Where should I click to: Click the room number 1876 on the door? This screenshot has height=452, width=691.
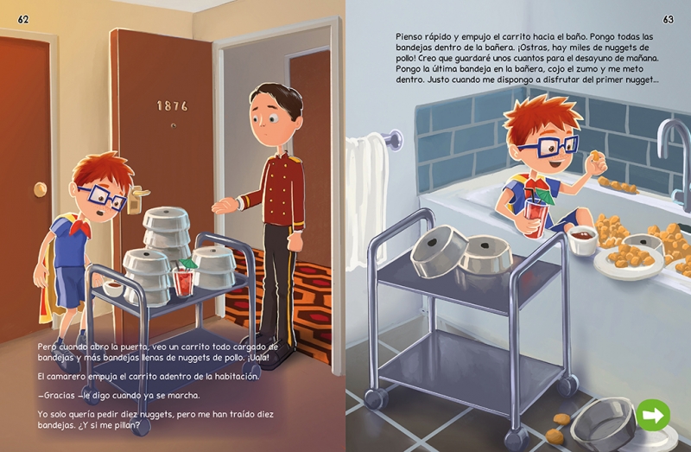click(172, 105)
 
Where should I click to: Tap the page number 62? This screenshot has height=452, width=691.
click(23, 19)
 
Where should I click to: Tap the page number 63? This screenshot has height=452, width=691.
click(668, 19)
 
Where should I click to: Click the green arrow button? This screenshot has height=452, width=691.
click(653, 415)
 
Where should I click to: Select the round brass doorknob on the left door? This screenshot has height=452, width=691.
click(40, 189)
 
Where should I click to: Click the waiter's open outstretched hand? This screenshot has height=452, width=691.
click(225, 205)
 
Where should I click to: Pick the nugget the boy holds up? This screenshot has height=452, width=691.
click(595, 156)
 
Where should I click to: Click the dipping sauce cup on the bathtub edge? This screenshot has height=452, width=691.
click(581, 239)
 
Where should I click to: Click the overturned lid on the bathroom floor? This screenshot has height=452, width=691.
click(604, 424)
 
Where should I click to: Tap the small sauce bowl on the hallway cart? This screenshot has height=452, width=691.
click(113, 288)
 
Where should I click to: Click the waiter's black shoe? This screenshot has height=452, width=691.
click(276, 356)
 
